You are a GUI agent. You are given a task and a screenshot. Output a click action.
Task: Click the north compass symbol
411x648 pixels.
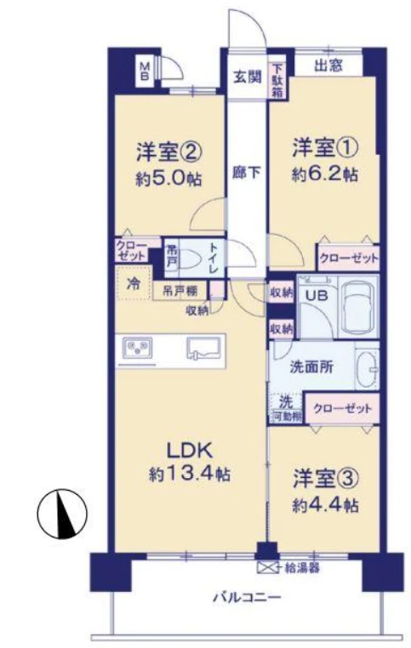point(62,514)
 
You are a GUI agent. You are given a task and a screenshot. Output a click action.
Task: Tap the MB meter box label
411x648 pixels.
point(146,71)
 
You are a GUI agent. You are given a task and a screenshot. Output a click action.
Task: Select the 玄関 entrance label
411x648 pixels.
point(248,77)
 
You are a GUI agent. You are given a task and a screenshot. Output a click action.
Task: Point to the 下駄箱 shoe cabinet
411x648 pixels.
point(277,81)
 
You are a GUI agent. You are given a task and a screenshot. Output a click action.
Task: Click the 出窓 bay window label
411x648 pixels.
point(328,65)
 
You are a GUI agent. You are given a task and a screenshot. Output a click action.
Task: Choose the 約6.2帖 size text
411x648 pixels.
point(324,175)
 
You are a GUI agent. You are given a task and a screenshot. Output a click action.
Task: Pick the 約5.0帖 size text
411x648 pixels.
point(168,179)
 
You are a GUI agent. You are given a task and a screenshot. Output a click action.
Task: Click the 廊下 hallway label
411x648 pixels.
point(247,173)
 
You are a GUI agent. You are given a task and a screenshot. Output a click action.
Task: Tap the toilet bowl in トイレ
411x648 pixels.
point(191,260)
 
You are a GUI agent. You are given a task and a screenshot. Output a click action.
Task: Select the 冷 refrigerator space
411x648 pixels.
point(134,283)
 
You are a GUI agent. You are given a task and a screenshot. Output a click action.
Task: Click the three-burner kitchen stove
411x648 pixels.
point(137,348)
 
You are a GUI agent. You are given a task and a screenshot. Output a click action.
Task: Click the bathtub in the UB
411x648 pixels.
point(357,308)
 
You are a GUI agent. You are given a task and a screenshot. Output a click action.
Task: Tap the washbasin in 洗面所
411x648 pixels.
point(367,368)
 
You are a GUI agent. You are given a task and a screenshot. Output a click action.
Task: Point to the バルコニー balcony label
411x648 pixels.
point(248,598)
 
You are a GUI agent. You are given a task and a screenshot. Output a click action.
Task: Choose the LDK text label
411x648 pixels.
point(190,450)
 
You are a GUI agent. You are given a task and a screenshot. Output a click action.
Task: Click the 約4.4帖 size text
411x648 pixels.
point(325,506)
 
